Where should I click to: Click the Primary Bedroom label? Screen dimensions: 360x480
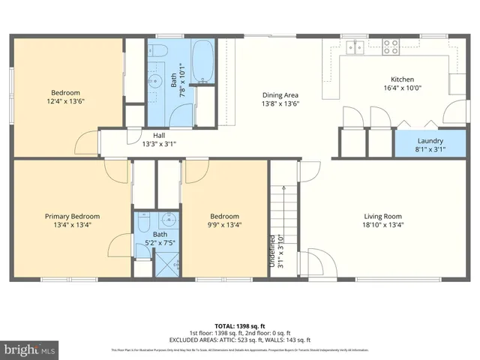(71, 216)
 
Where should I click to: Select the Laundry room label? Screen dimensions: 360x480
(430, 140)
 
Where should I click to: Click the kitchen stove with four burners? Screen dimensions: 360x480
(391, 47)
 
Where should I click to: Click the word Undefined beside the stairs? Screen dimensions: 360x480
(271, 251)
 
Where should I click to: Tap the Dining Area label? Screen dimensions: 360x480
(280, 95)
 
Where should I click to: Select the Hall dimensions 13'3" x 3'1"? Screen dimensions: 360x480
(159, 144)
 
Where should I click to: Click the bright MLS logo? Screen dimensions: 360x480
(30, 349)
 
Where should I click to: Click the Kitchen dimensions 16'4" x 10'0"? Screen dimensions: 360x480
(402, 87)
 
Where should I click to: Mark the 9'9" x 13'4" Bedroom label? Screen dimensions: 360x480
(224, 224)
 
